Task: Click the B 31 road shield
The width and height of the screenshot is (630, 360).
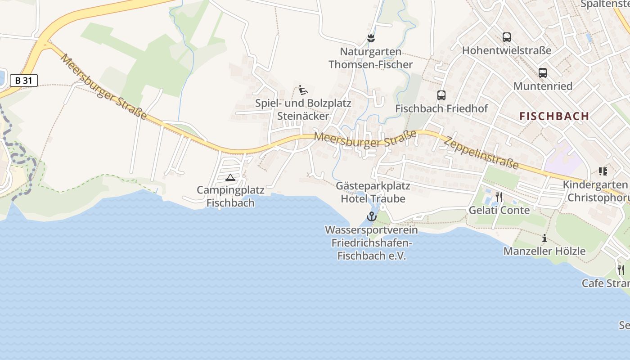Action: [23, 81]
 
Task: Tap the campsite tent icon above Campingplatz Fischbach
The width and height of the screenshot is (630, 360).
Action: [230, 178]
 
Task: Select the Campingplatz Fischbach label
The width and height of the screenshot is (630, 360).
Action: [230, 196]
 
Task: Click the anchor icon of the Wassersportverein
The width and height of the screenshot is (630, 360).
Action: [371, 216]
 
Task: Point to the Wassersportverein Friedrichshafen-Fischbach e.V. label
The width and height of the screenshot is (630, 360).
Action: [371, 243]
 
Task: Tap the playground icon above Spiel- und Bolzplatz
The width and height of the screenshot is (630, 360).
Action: [303, 90]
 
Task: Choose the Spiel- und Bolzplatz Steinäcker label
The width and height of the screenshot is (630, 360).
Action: [303, 109]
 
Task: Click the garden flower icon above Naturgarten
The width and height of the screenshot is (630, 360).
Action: [371, 38]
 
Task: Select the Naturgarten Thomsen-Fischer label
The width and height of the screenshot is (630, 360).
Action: [370, 58]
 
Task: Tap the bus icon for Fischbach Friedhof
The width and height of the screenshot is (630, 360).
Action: [441, 95]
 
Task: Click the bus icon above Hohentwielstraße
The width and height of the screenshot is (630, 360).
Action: [507, 37]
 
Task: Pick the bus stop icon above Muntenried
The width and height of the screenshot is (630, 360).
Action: [543, 73]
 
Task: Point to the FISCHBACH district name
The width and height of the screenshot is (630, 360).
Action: [554, 116]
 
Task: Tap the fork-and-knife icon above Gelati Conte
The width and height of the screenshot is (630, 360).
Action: [499, 197]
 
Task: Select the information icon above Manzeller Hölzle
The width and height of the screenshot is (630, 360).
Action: [544, 238]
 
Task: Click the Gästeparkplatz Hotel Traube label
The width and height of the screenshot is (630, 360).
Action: [373, 192]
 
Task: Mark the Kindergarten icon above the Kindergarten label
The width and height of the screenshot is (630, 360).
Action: [603, 171]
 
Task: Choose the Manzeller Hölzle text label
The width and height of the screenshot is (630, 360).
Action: [544, 251]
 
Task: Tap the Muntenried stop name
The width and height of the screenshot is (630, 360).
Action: [543, 86]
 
